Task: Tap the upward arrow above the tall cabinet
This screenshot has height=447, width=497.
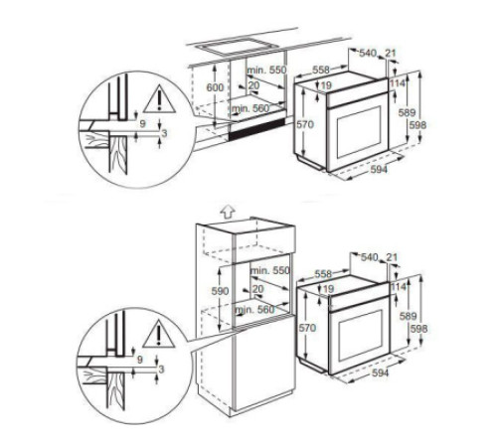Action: tap(226, 211)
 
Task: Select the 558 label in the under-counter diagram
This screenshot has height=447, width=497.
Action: tap(320, 71)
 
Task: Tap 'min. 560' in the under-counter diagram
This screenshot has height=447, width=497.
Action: tap(252, 106)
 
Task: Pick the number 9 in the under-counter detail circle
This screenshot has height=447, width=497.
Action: tap(142, 123)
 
